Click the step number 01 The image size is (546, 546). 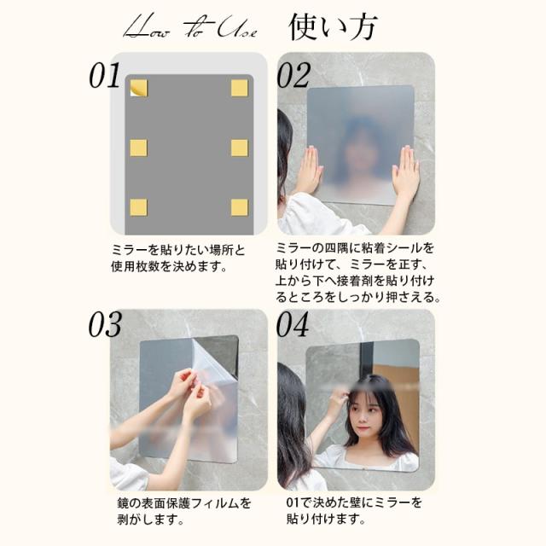[105, 75]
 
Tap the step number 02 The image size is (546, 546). [293, 75]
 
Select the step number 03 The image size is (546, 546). [106, 324]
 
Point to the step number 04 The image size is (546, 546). [293, 324]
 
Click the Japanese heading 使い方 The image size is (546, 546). [333, 26]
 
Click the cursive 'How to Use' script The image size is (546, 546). [191, 26]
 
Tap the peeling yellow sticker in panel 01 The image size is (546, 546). [138, 88]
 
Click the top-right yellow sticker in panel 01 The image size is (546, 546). [240, 88]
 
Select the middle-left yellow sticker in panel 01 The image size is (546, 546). [138, 148]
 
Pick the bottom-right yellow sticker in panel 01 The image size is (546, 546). [240, 207]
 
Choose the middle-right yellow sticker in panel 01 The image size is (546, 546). [240, 148]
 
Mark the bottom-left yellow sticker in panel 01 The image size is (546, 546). [138, 207]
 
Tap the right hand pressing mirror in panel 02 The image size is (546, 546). [405, 171]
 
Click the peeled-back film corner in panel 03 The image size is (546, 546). [213, 362]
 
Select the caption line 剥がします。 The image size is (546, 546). [151, 520]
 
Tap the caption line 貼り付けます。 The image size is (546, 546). [326, 520]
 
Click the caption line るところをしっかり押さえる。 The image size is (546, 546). [358, 298]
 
